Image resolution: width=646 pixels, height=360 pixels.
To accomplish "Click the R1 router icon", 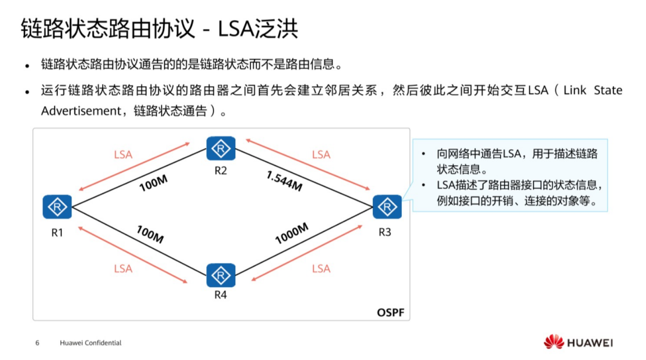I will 57,207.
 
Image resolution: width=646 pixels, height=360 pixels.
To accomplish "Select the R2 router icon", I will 221,148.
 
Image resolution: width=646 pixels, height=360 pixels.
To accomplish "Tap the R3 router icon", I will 387,207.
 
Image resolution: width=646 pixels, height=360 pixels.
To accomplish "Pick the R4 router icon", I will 221,275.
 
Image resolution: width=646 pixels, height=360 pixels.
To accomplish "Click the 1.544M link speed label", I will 284,181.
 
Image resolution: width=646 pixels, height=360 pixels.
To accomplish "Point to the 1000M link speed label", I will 292,233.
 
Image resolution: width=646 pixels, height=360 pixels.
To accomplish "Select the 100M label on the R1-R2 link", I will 154,183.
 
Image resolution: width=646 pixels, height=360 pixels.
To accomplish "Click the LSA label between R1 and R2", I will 123,154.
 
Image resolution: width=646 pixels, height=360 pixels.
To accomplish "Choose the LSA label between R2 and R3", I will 321,154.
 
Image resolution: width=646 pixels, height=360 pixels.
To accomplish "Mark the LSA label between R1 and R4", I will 123,268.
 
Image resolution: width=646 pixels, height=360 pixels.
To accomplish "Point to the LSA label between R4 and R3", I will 321,268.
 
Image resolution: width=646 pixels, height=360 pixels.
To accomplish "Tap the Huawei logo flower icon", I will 553,341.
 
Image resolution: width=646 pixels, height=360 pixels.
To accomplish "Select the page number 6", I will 37,343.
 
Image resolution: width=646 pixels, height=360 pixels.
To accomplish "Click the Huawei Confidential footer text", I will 90,343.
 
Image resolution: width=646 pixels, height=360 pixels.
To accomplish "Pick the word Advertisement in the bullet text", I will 81,111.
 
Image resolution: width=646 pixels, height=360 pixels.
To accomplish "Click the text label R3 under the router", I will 384,232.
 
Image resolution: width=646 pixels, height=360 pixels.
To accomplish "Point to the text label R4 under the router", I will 221,295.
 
